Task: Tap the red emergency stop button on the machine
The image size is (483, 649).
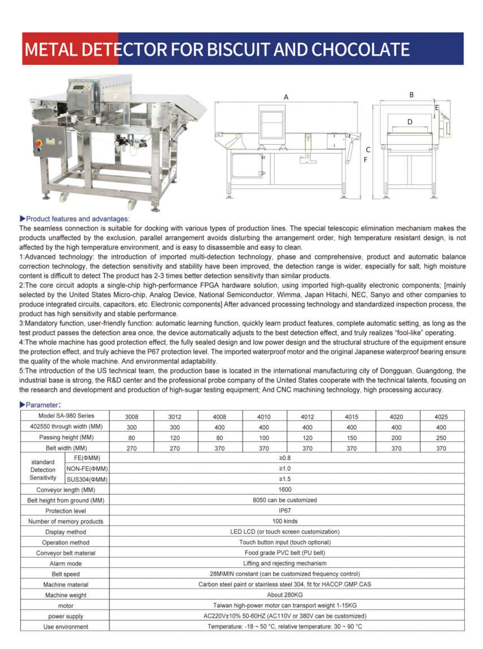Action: click(39, 143)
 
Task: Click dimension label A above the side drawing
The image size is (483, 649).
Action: click(286, 97)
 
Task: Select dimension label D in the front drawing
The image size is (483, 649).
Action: click(410, 122)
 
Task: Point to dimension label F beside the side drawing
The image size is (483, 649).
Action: click(365, 160)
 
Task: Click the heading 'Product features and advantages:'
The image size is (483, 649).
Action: click(77, 219)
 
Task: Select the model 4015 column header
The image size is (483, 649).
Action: click(352, 417)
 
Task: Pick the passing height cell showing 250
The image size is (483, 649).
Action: click(441, 438)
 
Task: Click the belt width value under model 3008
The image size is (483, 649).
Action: click(132, 448)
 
